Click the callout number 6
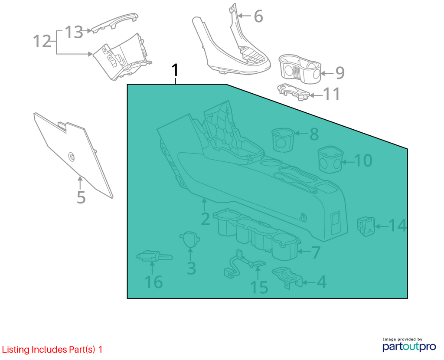(258, 16)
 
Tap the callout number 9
(340, 73)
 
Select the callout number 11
(332, 94)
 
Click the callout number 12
(42, 41)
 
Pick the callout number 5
(81, 197)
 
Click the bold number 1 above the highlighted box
(176, 70)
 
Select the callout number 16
(153, 282)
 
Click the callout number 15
(259, 288)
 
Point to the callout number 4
(321, 282)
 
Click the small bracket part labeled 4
(287, 277)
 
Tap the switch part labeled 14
(366, 226)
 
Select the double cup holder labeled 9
(300, 69)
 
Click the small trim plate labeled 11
(294, 92)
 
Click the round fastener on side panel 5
(72, 156)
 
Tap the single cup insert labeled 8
(283, 140)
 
